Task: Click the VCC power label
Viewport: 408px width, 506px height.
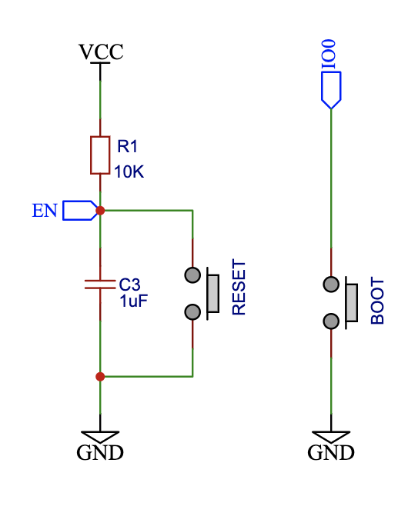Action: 101,52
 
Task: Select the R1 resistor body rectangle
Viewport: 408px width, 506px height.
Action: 100,155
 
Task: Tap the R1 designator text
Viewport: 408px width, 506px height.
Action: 127,146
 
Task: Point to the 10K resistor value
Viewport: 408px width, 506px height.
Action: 129,171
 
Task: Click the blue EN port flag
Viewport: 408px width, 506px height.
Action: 80,211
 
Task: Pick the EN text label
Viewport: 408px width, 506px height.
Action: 45,211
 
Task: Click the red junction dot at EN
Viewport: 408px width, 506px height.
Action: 100,211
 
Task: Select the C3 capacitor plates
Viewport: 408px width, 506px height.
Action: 100,285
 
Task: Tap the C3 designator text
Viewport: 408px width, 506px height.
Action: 129,285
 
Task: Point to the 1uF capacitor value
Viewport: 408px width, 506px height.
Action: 133,301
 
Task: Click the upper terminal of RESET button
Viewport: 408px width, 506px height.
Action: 192,275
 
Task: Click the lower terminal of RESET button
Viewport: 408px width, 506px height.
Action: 192,312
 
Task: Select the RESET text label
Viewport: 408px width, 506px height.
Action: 239,287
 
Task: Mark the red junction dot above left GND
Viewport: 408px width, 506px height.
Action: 100,377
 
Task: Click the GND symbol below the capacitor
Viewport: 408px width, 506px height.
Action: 100,445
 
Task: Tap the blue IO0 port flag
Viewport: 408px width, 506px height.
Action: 331,90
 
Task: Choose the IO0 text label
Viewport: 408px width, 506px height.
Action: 329,54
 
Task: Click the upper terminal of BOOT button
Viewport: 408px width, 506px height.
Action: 331,285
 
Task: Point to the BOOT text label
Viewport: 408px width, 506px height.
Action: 377,301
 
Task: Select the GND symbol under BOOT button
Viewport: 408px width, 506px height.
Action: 331,445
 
